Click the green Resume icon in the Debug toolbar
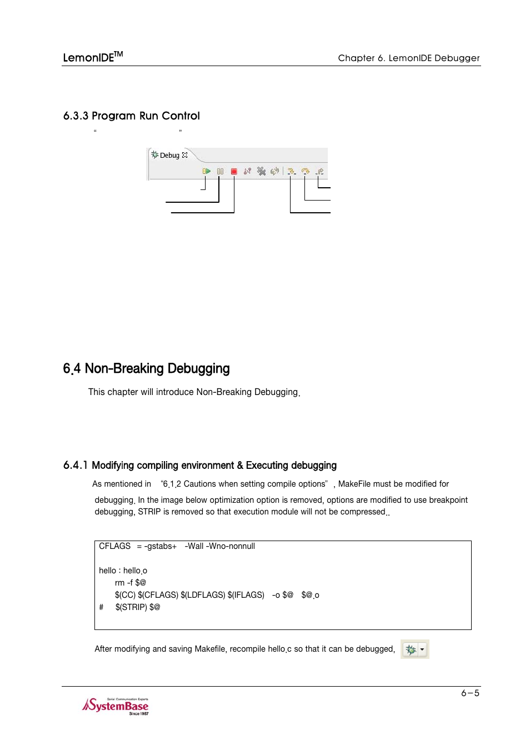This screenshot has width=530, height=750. (x=207, y=171)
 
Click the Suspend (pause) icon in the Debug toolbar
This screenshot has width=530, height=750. (x=221, y=171)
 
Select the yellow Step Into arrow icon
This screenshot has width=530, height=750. (x=291, y=171)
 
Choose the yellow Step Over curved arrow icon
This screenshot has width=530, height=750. (x=305, y=171)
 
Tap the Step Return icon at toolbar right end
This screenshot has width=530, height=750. (x=319, y=171)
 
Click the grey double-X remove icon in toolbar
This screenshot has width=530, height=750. (x=261, y=171)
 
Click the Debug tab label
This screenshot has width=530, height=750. (x=169, y=156)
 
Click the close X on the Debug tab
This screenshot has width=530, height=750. (x=185, y=156)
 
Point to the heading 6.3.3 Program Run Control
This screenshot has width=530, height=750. (x=132, y=116)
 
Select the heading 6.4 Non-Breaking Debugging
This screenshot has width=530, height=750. (x=146, y=369)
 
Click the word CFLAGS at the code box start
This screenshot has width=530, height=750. (x=114, y=546)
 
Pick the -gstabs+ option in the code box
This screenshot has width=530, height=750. (x=160, y=546)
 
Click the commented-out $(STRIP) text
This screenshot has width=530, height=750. (x=137, y=607)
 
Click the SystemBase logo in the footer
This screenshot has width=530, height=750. (x=116, y=706)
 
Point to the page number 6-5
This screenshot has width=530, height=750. (x=470, y=693)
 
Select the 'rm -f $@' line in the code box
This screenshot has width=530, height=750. (x=130, y=583)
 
